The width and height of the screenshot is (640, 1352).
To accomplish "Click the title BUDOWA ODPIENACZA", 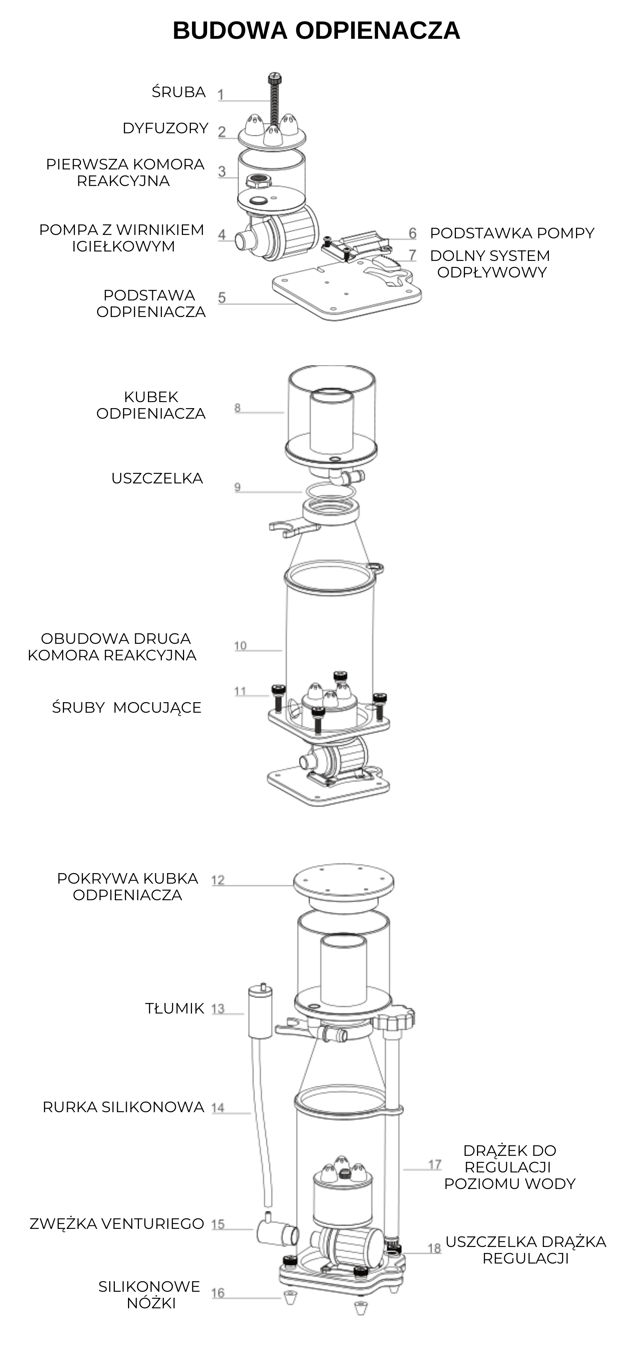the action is pos(317,31).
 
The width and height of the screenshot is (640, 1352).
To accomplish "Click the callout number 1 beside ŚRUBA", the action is pos(221,95).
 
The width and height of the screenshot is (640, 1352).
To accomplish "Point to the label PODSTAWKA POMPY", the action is pos(512,233).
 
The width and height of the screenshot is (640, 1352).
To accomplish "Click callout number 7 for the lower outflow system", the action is pos(413,255).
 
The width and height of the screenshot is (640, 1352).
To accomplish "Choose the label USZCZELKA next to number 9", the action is pos(157,478).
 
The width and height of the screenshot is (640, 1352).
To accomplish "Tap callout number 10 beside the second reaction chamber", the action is pos(241,646).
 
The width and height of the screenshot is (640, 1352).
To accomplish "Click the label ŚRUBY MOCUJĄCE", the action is pos(126,707).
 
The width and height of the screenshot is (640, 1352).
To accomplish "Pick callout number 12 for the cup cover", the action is pos(218,880).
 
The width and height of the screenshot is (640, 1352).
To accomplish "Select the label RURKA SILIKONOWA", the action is pos(123,1107).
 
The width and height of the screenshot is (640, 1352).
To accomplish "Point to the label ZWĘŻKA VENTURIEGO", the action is pos(117,1223).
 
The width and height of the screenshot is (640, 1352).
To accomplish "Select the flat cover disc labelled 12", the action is pos(343,882).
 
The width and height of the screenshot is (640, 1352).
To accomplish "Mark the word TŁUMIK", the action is pos(175,1008).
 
